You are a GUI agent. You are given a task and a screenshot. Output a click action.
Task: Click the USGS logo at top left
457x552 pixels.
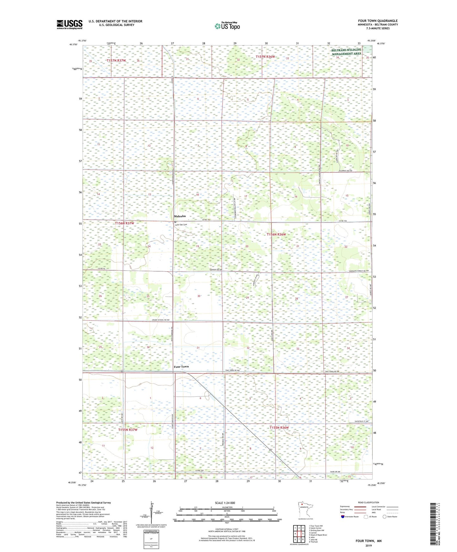[69, 24]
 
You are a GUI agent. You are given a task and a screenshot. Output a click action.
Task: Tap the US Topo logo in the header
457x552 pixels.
[227, 26]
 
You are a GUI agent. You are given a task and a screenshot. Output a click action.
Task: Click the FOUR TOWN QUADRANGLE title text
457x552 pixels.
[378, 21]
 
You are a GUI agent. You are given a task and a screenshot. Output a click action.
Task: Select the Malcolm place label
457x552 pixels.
[180, 216]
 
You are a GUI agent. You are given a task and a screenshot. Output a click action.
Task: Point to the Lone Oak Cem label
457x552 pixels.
[181, 225]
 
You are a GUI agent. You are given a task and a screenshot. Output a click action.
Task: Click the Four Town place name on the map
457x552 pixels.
[181, 367]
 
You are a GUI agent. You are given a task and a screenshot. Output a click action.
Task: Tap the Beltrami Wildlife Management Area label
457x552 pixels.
[346, 52]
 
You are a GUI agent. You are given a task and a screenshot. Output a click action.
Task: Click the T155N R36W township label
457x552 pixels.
[279, 428]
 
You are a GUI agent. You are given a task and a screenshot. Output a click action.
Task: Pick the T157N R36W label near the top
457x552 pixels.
[265, 57]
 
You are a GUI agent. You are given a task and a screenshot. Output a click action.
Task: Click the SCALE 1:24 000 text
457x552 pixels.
[225, 503]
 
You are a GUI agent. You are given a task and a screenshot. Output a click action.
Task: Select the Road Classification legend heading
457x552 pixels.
[368, 502]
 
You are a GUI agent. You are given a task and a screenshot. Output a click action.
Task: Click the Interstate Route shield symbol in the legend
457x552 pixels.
[343, 517]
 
